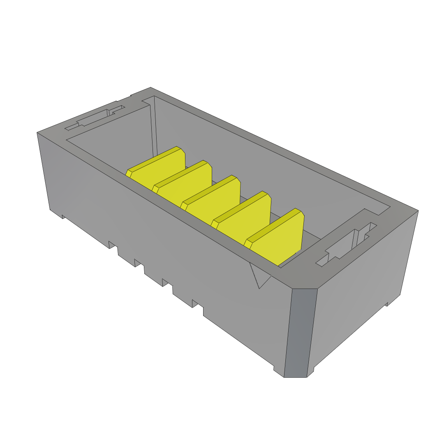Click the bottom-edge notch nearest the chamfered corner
pos(197,304)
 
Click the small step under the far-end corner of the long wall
pos(63,216)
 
